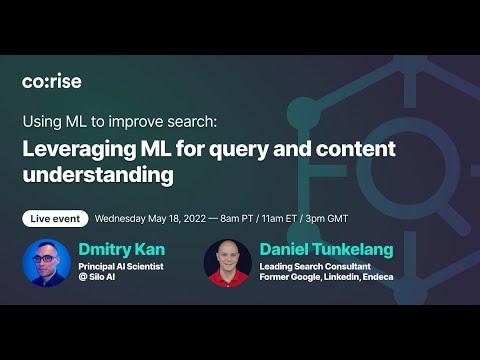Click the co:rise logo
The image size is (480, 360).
point(53,81)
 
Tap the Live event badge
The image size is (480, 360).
point(55,218)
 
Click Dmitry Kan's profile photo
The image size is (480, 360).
point(46,262)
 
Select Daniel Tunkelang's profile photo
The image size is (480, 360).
point(227,262)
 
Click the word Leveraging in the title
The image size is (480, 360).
point(77,150)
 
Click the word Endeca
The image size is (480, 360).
point(376,277)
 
